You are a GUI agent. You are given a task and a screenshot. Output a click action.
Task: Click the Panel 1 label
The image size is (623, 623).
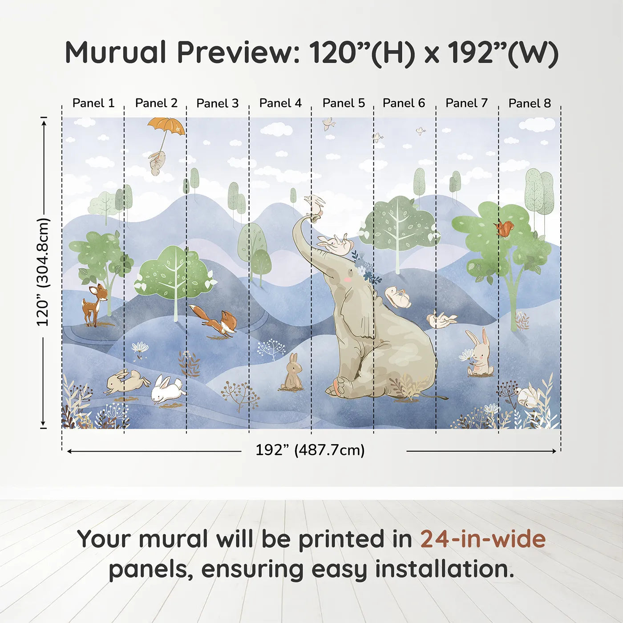tap(93, 103)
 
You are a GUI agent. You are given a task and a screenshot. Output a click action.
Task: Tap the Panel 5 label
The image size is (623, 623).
tap(344, 103)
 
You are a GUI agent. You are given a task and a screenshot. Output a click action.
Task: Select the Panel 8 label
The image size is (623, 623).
tap(530, 103)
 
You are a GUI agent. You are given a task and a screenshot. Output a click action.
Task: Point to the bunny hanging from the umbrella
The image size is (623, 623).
tap(157, 163)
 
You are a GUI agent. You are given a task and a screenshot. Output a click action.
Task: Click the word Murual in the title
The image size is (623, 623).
tap(115, 53)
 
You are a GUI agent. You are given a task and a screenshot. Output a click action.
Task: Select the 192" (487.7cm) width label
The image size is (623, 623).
tap(310, 450)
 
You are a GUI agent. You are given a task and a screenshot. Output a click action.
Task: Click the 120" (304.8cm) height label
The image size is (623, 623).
tap(43, 272)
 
